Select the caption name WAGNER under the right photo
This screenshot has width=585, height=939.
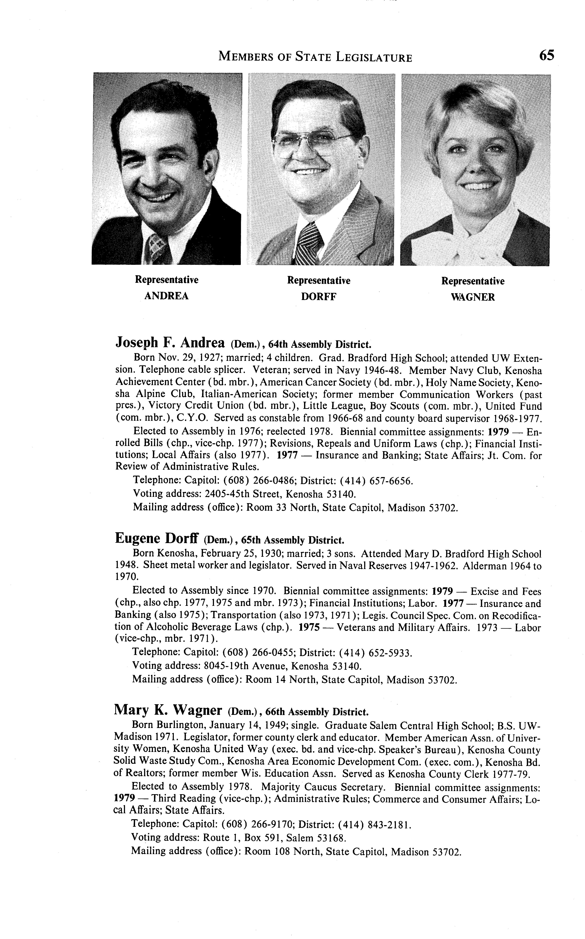click(473, 298)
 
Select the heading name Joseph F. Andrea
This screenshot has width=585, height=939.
click(170, 343)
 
